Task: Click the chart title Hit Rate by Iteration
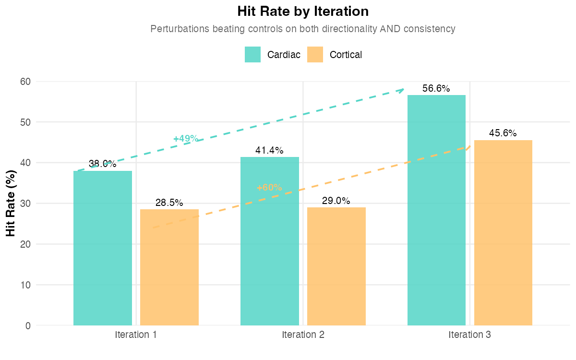(303, 11)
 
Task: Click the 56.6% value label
(436, 89)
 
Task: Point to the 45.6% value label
(503, 133)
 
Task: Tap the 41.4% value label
(269, 151)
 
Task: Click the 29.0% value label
(336, 201)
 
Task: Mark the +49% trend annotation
(186, 139)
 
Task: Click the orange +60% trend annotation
(269, 188)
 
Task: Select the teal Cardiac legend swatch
(252, 55)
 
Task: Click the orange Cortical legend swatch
(315, 55)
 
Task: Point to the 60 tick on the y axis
(25, 82)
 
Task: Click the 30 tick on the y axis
(25, 204)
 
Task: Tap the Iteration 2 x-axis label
(303, 335)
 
